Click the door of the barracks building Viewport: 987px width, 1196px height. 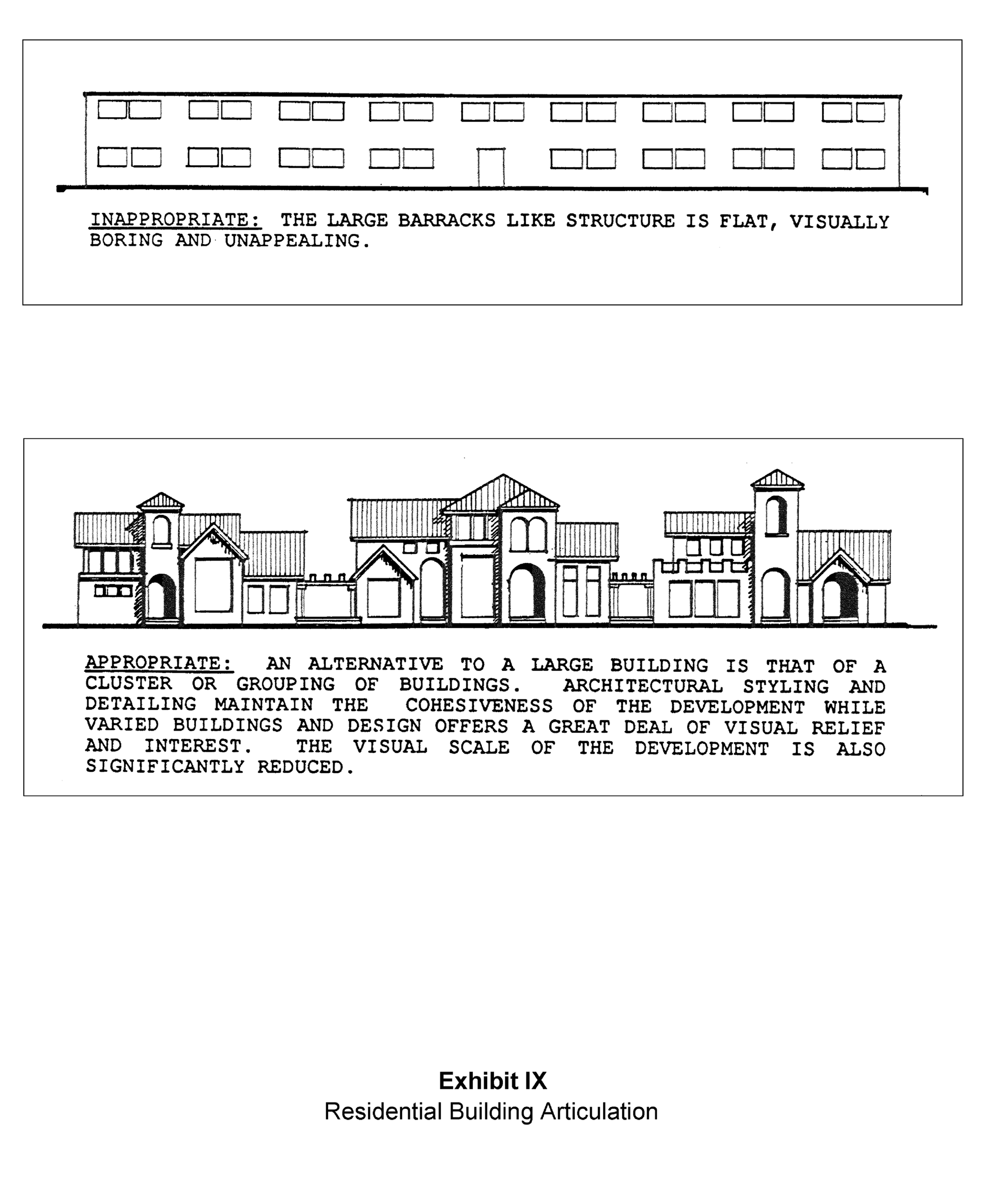(491, 167)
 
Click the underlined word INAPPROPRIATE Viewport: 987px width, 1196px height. (175, 220)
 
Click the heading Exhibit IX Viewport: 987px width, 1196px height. (492, 1081)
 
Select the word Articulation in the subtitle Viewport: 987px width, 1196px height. (598, 1111)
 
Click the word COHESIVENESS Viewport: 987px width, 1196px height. (479, 706)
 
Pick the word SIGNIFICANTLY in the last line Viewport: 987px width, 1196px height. (165, 767)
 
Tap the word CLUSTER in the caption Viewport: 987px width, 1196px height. (129, 684)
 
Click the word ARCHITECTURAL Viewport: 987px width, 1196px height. (643, 686)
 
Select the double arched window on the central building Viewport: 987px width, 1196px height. (528, 534)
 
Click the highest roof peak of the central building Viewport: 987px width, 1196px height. (503, 477)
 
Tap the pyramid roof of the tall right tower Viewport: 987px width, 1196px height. (777, 479)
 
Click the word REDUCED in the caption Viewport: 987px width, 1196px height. (305, 767)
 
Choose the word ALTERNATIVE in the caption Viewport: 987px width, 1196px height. (375, 664)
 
